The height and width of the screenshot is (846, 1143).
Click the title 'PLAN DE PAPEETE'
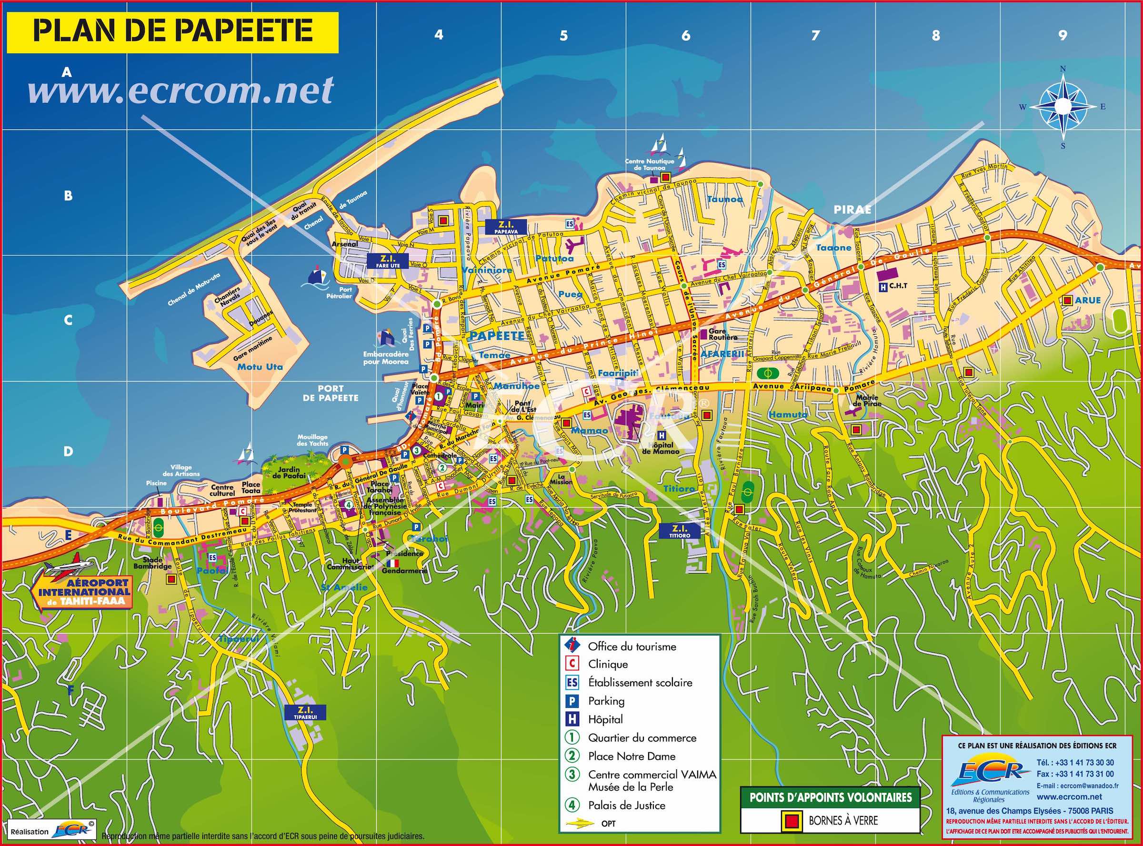172,31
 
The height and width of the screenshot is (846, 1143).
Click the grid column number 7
815,35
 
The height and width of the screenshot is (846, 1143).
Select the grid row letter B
68,196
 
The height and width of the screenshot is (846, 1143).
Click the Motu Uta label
260,367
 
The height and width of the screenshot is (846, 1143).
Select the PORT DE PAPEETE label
330,393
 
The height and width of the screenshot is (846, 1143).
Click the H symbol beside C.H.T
882,287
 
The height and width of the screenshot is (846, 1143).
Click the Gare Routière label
723,334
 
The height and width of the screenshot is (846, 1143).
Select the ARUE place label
1088,300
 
